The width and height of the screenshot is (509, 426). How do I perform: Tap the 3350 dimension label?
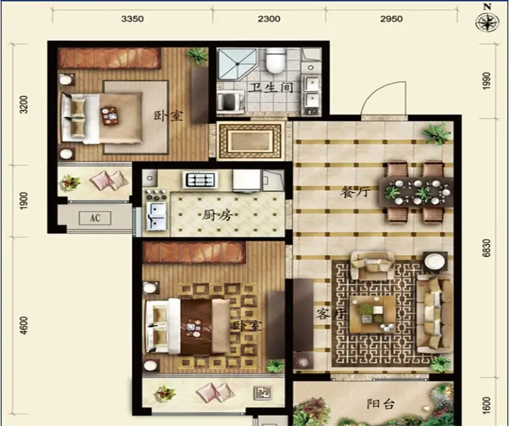132,19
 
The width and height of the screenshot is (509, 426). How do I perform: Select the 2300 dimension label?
269,19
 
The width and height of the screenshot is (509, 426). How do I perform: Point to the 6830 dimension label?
486,248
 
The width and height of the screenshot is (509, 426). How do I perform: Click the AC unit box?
95,218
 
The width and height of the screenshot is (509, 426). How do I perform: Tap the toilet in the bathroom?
275,60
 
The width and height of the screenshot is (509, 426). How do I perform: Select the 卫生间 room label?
272,88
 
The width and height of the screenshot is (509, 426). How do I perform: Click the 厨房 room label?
217,215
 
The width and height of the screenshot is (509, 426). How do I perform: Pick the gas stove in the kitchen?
200,180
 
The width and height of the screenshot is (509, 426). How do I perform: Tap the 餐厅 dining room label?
355,192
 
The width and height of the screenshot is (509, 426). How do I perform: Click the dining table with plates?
417,192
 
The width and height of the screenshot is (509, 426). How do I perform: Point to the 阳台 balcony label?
380,404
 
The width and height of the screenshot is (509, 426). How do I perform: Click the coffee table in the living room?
373,314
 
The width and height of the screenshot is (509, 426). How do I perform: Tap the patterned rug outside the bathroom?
250,141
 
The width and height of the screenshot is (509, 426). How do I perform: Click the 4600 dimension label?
24,326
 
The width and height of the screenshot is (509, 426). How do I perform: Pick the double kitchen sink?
157,216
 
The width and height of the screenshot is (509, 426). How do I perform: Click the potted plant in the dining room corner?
436,134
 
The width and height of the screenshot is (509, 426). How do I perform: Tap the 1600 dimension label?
486,405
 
